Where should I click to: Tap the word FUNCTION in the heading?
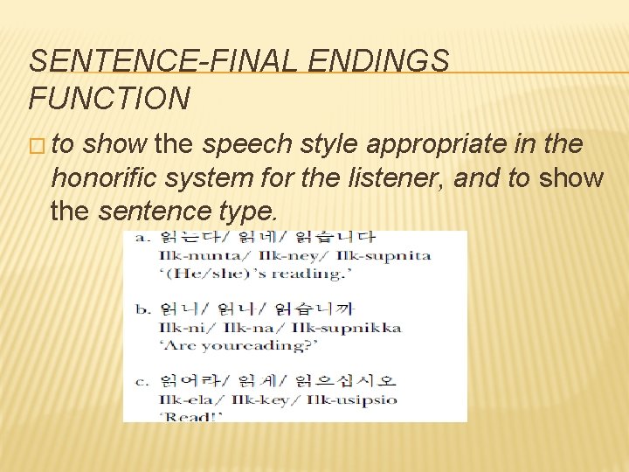click(x=109, y=99)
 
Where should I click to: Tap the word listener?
click(x=397, y=178)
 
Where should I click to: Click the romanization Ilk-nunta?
click(x=193, y=255)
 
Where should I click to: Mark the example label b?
click(x=141, y=308)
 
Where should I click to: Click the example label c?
click(x=141, y=380)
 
